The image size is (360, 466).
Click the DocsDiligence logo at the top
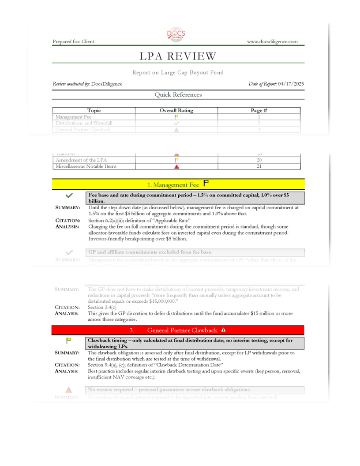pos(176,35)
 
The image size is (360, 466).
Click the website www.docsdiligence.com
pos(272,41)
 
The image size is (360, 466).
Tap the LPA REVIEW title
pos(178,56)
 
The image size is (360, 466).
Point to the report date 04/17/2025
pos(291,83)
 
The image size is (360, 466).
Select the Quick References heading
pos(178,94)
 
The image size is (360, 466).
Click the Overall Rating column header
pos(176,110)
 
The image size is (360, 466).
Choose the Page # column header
pos(259,110)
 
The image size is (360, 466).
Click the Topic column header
pos(94,110)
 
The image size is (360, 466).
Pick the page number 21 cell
pos(259,167)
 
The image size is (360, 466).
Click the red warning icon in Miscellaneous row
pos(176,167)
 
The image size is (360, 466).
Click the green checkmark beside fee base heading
pos(69,195)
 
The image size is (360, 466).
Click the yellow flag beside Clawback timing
pos(69,341)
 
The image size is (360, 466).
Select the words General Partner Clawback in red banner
pos(182,330)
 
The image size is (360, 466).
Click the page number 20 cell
pos(259,160)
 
